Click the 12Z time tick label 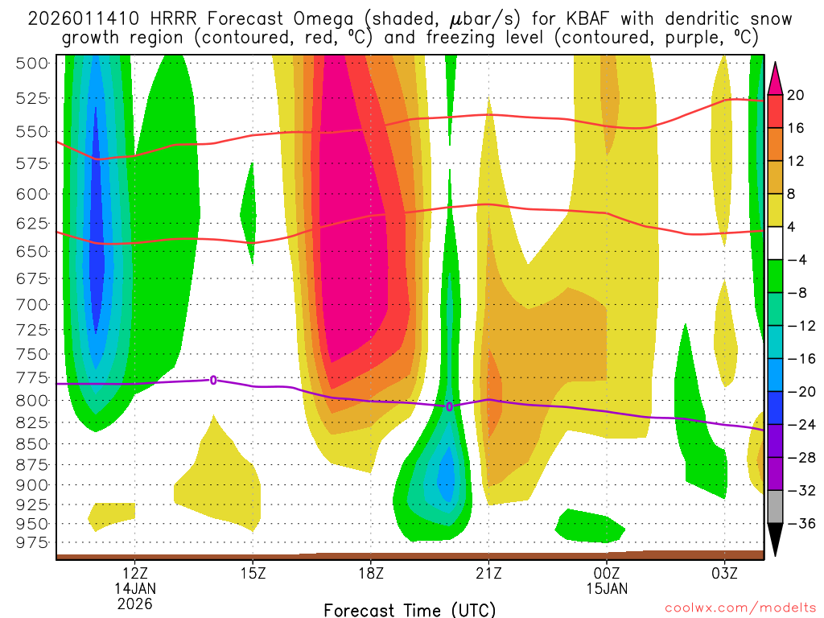tap(135, 573)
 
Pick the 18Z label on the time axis tap(371, 573)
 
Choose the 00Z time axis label tap(607, 573)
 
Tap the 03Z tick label tap(724, 573)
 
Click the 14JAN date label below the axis tap(135, 588)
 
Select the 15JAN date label tap(607, 588)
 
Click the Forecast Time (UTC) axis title tap(410, 609)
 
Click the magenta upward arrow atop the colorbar tap(776, 77)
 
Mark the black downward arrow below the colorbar tap(776, 539)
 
